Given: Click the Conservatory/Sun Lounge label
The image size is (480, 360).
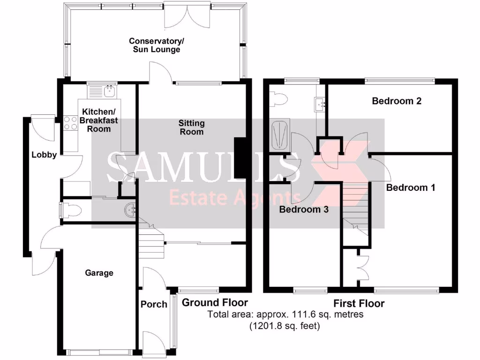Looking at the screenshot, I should (155, 45).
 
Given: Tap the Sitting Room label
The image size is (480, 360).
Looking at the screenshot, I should (191, 127).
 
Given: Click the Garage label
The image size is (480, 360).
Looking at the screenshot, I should (99, 273).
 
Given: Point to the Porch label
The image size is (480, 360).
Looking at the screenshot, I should (154, 304).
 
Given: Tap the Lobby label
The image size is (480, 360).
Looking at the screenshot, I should (44, 155).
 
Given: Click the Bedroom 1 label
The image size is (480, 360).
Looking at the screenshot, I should (411, 188).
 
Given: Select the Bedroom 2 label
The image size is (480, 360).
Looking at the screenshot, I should (397, 101).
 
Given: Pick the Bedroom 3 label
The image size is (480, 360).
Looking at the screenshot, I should (303, 210).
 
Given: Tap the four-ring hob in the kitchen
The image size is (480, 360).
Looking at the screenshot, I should (70, 123).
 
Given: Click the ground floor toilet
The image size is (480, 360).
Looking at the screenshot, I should (70, 210).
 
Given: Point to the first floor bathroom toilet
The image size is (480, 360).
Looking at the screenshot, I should (281, 100).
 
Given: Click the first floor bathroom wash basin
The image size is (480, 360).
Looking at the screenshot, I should (321, 103).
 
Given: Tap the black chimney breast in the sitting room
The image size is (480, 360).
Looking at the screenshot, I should (240, 158).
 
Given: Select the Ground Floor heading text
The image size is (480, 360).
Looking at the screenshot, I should (215, 302).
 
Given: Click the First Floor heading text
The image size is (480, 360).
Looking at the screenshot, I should (359, 304).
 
